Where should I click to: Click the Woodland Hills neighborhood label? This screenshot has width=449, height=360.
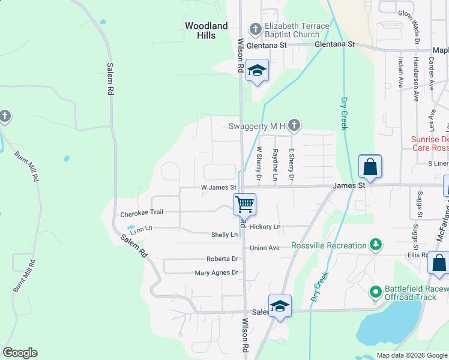click(206, 31)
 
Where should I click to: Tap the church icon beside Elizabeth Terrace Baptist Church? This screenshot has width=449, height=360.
click(255, 29)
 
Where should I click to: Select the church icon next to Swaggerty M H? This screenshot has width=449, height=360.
click(294, 125)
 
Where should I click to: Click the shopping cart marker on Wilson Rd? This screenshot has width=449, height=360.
click(244, 204)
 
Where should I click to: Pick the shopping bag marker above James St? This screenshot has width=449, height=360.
click(370, 166)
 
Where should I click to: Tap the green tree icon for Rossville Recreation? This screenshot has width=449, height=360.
click(375, 245)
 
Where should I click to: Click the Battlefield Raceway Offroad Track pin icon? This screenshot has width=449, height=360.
click(376, 293)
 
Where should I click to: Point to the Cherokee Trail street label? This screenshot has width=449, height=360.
click(142, 214)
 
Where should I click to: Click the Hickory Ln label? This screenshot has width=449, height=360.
click(265, 227)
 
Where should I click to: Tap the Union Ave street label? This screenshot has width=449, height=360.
click(265, 248)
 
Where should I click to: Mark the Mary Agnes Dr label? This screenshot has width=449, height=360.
click(216, 272)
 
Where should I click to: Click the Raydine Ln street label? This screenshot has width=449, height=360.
click(276, 165)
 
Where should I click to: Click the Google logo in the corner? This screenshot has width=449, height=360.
click(20, 353)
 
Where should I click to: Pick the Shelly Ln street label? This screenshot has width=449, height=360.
click(224, 235)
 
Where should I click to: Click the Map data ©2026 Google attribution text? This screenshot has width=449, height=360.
click(412, 355)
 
